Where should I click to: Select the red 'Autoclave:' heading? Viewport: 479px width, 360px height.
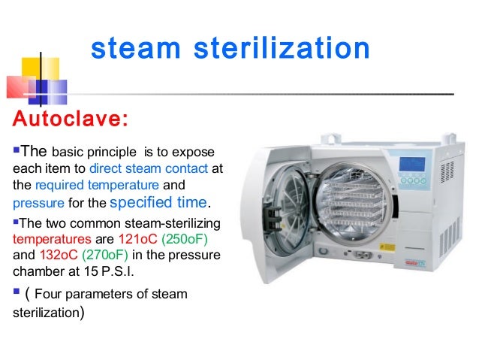point(68,120)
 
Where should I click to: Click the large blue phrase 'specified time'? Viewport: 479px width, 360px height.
point(159,202)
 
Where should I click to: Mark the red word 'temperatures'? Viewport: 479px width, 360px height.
point(45,240)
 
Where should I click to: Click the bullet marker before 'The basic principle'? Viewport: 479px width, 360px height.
point(14,149)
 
